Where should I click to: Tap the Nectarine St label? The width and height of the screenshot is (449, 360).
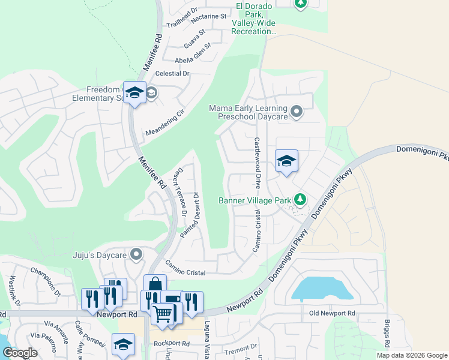(x=208, y=17)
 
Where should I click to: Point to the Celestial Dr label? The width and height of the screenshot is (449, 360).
(x=172, y=73)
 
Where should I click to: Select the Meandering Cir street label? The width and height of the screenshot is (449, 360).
(x=163, y=123)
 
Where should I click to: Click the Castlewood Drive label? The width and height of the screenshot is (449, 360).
(x=257, y=163)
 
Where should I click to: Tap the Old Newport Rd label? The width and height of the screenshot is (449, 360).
(x=332, y=313)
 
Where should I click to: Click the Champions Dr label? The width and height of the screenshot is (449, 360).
(x=46, y=282)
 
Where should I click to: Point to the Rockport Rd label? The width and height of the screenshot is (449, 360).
(x=171, y=344)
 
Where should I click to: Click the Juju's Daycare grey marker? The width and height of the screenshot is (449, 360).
(x=137, y=254)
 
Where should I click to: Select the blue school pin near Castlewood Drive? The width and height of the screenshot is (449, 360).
(x=286, y=161)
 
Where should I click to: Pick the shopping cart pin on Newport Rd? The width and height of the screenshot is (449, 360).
(x=162, y=313)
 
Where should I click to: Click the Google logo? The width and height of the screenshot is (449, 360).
(x=19, y=353)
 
